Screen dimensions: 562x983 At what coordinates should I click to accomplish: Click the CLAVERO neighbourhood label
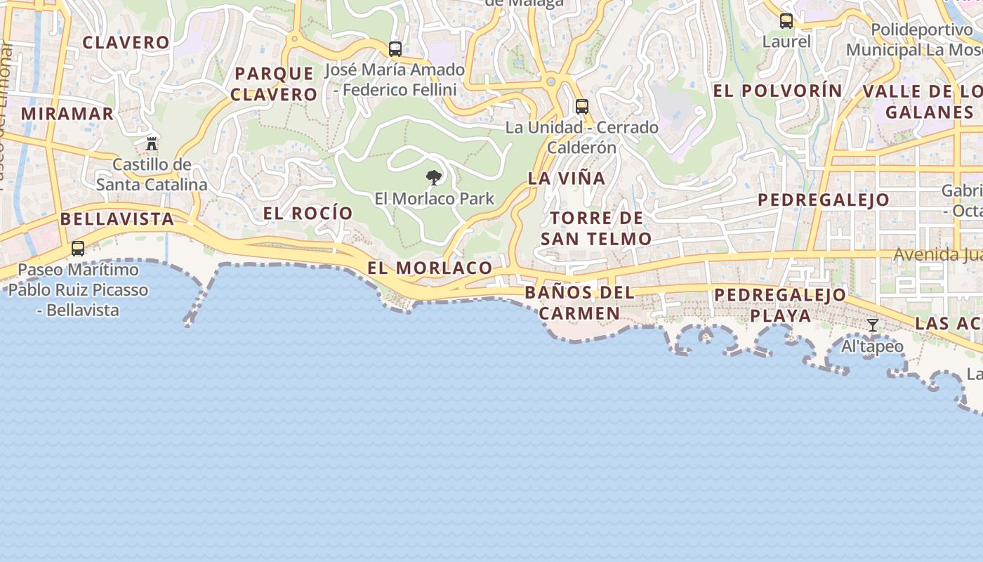(x=126, y=42)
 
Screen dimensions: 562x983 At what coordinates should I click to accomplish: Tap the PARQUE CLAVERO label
(x=275, y=84)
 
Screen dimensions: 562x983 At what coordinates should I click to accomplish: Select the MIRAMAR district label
(x=67, y=113)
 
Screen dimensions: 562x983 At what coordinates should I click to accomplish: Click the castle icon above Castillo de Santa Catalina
(x=151, y=144)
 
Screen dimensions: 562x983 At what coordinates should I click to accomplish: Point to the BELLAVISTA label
(x=117, y=218)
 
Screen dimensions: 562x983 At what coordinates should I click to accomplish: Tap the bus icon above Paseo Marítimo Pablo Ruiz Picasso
(x=78, y=249)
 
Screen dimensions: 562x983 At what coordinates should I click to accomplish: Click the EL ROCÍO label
(x=308, y=213)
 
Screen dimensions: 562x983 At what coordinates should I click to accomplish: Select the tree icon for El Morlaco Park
(x=434, y=178)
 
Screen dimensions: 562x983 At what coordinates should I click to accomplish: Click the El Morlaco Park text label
(x=435, y=199)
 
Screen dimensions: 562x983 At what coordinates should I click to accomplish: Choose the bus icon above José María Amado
(x=395, y=49)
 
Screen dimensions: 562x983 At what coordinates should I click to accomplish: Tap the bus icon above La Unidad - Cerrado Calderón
(x=582, y=107)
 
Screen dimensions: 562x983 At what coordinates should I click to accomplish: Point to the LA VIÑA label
(x=567, y=178)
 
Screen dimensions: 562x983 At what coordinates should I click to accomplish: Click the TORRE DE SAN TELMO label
(x=596, y=228)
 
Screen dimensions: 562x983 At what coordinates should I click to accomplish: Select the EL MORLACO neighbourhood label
(x=430, y=268)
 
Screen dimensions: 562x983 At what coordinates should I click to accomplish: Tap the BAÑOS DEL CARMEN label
(x=579, y=303)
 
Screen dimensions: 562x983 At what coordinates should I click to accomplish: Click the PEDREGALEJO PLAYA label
(x=780, y=305)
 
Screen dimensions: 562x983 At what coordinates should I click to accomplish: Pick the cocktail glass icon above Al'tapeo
(x=873, y=325)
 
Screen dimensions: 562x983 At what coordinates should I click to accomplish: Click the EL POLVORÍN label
(x=778, y=91)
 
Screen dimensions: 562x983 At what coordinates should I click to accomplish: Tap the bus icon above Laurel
(x=786, y=21)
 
